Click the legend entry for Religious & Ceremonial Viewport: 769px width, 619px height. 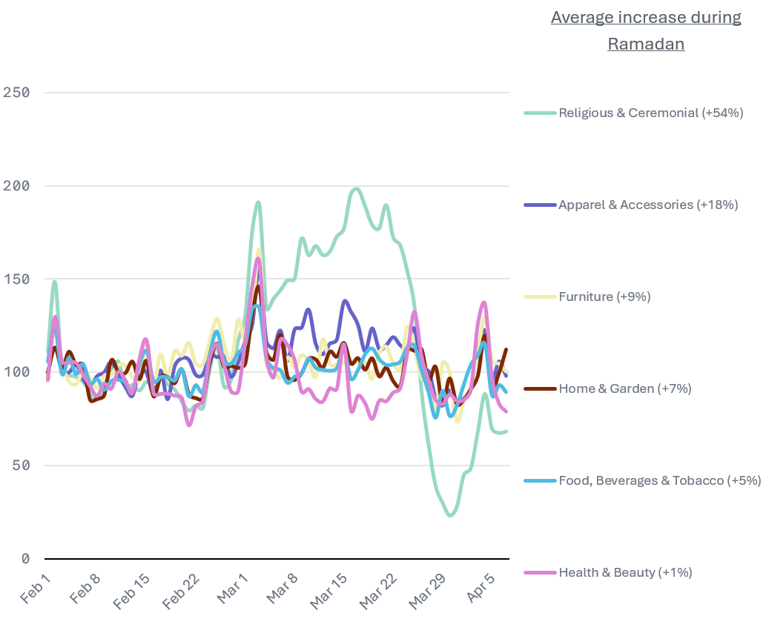pos(650,113)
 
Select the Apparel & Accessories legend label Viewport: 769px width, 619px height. pos(647,205)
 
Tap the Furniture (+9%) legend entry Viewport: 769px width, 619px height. pos(604,297)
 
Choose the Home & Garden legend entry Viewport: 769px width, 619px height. pos(624,388)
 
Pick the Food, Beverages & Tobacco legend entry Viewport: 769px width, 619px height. pos(659,480)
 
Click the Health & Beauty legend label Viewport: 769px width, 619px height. pos(625,572)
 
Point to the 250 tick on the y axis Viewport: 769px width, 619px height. pos(16,93)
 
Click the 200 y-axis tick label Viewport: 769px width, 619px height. pos(16,186)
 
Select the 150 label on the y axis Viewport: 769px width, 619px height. pos(16,279)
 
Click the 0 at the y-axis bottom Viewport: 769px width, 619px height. pos(25,558)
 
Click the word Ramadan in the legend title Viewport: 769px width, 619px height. pos(646,44)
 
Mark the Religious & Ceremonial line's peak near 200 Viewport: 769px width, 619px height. pos(356,188)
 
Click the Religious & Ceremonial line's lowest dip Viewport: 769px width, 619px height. pos(450,515)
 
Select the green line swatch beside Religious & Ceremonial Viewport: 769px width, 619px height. pos(540,113)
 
